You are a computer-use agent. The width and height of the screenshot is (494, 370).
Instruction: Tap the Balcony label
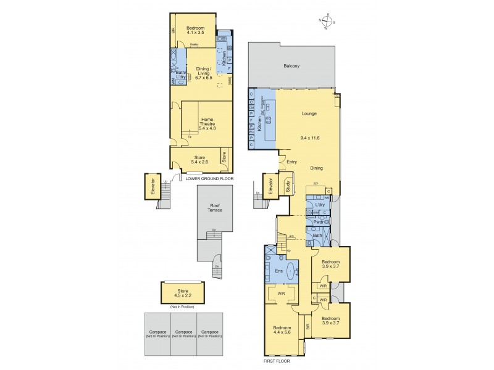291,65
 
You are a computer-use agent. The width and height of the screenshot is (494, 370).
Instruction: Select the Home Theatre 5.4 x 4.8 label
207,124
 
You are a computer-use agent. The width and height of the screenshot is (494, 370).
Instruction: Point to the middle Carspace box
183,332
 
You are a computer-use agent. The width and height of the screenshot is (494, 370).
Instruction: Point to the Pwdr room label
318,222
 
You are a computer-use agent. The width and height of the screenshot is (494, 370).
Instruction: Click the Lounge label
309,113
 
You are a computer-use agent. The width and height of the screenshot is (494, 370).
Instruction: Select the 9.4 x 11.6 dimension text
309,138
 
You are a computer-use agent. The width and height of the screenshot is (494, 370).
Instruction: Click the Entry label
292,162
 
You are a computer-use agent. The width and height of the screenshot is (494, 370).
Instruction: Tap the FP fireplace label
316,184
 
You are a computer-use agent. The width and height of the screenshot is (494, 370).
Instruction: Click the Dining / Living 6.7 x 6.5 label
204,74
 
